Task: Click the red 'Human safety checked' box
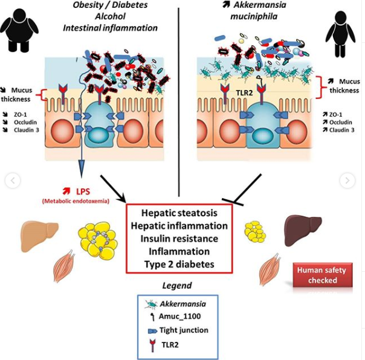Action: pos(323,275)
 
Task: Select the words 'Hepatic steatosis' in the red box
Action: pos(179,213)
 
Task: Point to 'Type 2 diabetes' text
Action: pos(179,265)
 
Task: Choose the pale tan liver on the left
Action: pos(39,235)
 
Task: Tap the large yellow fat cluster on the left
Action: pos(98,240)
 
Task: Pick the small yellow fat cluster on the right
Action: pos(255,232)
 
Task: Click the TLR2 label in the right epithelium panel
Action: pos(244,93)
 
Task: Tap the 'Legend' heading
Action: pos(177,286)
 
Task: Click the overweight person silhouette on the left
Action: pos(19,30)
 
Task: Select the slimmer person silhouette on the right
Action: pos(340,34)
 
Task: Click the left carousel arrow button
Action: pos(13,181)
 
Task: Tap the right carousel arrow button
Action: pos(347,181)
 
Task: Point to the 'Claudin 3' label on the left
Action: pos(27,130)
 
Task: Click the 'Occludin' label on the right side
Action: pos(341,122)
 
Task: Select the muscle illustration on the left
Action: pos(63,266)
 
